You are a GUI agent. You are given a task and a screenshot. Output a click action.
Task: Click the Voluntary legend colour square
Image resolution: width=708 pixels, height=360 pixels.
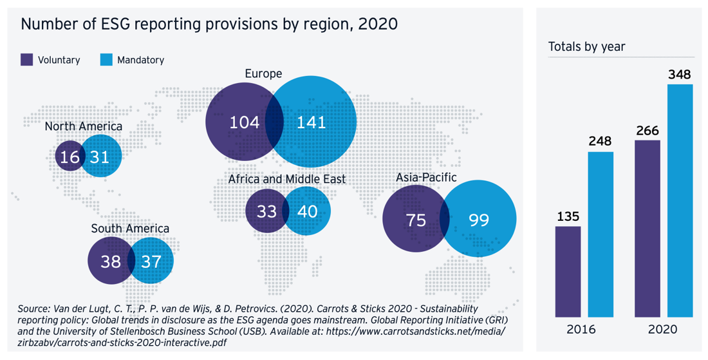tap(27, 60)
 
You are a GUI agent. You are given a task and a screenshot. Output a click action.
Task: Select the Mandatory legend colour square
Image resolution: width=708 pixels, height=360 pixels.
tap(107, 60)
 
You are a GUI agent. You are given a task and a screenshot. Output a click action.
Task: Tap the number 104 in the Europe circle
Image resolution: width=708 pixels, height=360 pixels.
tap(245, 122)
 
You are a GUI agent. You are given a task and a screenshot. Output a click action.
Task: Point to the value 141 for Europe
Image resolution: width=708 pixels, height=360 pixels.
tap(312, 122)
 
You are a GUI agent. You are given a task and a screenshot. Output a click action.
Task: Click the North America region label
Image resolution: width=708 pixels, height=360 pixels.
tap(83, 126)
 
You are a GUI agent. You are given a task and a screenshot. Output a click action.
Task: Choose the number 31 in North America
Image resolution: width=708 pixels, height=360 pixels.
tap(100, 156)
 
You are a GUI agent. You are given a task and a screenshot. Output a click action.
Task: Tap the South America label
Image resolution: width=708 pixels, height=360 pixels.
tap(130, 229)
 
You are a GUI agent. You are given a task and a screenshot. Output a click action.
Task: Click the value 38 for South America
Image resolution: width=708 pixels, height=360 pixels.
tap(111, 261)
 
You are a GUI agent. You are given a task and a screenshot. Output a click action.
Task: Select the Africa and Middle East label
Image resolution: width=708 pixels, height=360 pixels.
tap(287, 179)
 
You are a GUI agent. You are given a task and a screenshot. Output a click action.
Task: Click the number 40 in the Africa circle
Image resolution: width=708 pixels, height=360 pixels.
tap(308, 211)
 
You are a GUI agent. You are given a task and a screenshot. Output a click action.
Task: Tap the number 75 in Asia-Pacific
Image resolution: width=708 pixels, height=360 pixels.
tap(416, 220)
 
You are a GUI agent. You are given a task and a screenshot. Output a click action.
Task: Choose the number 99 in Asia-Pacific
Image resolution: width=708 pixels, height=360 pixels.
tap(479, 220)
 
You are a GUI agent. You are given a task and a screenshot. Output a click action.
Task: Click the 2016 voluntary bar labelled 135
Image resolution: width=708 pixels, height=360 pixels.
tap(568, 271)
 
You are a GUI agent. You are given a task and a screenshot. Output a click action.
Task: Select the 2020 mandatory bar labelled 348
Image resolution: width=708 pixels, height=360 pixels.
tap(680, 200)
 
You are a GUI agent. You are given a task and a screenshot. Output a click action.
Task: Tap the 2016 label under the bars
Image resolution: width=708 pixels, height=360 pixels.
tap(581, 330)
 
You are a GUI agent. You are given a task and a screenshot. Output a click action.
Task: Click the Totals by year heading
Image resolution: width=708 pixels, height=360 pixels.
tap(586, 47)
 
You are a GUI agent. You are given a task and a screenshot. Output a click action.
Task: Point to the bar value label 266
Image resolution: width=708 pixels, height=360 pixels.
tap(647, 131)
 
